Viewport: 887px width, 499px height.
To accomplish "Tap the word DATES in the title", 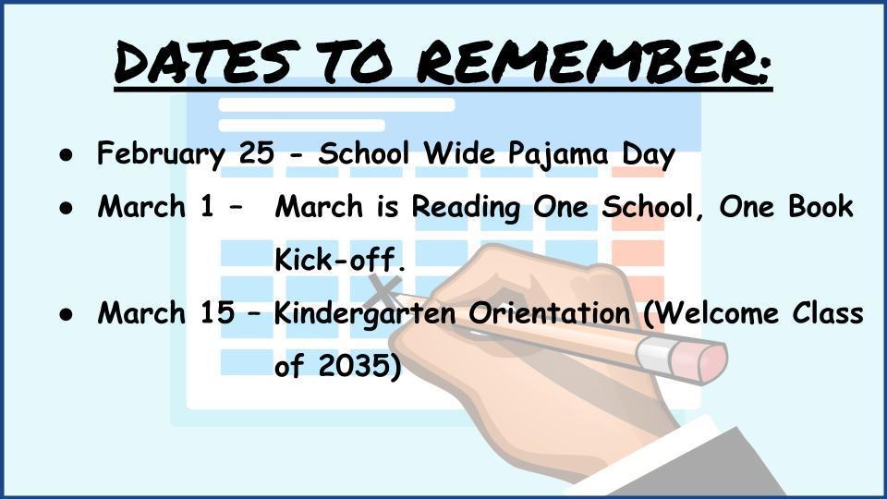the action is click(x=206, y=61).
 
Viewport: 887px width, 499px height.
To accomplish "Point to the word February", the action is click(x=161, y=154).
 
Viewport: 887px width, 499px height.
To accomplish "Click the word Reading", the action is click(x=465, y=207).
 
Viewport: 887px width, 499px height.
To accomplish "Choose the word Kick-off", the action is click(x=340, y=259).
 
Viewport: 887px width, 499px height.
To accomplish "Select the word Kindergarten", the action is click(x=365, y=314).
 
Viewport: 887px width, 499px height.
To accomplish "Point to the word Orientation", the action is click(x=549, y=313).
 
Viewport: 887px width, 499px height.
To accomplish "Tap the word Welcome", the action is click(x=712, y=313).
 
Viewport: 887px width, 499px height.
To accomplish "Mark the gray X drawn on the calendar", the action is click(x=385, y=290).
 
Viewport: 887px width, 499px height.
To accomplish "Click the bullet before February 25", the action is click(x=67, y=154).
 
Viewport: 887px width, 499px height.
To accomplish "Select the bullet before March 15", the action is click(x=67, y=314).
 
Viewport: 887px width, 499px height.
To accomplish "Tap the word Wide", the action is click(x=459, y=152).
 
